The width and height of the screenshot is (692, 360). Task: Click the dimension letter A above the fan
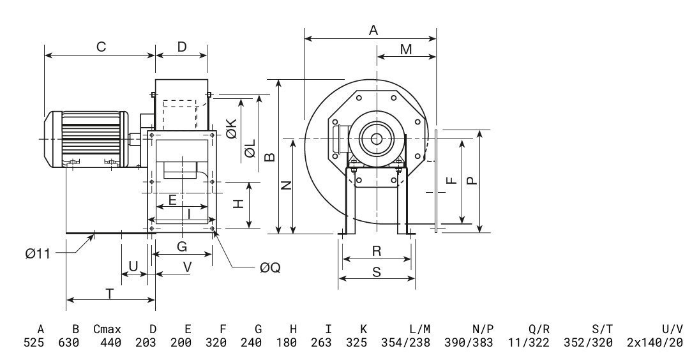coord(374,30)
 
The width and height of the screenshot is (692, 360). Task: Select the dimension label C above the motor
coord(100,47)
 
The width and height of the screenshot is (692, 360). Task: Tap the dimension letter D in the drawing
coord(182,47)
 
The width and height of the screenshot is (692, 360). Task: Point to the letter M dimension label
coord(406,49)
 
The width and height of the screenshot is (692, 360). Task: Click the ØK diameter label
coord(231,130)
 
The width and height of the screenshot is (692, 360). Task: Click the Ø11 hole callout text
coord(38,254)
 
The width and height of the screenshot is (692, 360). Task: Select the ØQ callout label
coord(270,269)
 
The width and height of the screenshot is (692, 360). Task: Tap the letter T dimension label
coord(110,294)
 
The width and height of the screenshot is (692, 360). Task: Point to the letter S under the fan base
coord(377,271)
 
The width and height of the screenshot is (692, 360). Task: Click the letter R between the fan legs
coord(377,251)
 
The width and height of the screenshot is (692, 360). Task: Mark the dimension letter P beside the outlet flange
coord(471,181)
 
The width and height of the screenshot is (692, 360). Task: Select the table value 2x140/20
coord(655,343)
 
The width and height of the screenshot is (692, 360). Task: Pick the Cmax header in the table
coord(107,330)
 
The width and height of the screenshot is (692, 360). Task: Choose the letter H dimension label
coord(237,204)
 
